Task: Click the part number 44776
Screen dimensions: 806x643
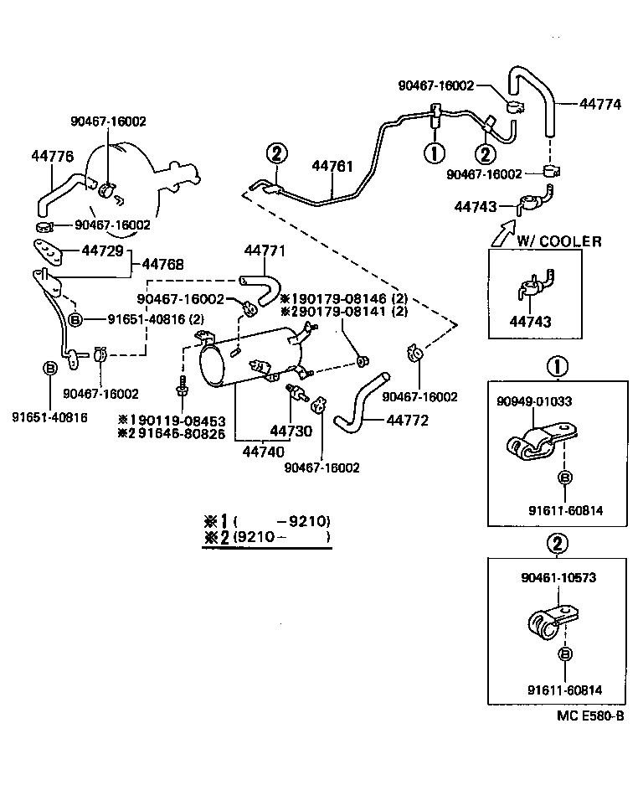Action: coord(53,155)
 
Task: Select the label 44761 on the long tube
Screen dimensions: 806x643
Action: coord(332,166)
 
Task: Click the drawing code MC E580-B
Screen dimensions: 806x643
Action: coord(590,716)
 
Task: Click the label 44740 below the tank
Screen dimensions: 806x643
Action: coord(261,451)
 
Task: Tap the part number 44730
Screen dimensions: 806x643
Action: coord(290,431)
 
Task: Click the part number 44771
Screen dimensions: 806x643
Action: coord(265,251)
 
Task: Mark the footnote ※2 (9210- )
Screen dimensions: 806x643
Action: coord(267,537)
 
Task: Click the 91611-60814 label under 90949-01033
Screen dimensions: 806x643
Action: coord(565,510)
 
